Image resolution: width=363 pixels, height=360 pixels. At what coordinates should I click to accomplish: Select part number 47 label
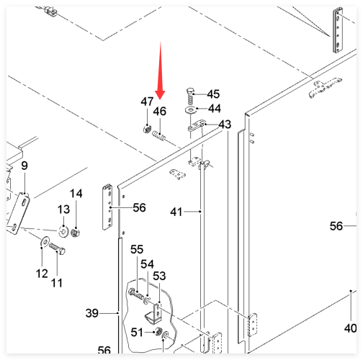pyautogui.click(x=147, y=102)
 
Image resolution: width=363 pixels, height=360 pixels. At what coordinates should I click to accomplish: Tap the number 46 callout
pyautogui.click(x=160, y=112)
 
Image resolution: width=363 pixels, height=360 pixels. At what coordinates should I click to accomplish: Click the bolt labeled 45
pyautogui.click(x=190, y=96)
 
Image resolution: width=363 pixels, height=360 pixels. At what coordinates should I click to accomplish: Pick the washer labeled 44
pyautogui.click(x=191, y=111)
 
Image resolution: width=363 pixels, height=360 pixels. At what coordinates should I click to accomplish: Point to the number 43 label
pyautogui.click(x=225, y=125)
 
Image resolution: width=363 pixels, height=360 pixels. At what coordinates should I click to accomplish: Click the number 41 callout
pyautogui.click(x=176, y=212)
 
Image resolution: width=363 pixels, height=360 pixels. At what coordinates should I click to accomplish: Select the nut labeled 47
pyautogui.click(x=146, y=130)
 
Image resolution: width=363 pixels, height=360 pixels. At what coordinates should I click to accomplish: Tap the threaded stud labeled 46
pyautogui.click(x=159, y=136)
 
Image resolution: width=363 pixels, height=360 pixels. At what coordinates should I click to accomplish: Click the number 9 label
pyautogui.click(x=24, y=166)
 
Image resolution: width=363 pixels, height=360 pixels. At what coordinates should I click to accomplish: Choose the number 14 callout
pyautogui.click(x=76, y=194)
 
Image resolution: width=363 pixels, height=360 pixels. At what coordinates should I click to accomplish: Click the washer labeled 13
pyautogui.click(x=63, y=232)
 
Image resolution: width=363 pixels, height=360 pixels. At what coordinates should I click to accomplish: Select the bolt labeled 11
pyautogui.click(x=57, y=248)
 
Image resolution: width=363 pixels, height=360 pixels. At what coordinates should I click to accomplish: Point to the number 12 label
pyautogui.click(x=42, y=274)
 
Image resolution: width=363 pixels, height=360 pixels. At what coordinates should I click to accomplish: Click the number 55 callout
pyautogui.click(x=137, y=249)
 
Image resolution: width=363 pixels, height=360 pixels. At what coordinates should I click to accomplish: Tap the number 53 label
pyautogui.click(x=159, y=276)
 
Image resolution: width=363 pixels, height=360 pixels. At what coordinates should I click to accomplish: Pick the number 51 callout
pyautogui.click(x=137, y=333)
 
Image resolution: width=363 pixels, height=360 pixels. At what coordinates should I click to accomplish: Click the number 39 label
pyautogui.click(x=92, y=313)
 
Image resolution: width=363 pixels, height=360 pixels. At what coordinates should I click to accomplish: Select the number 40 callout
pyautogui.click(x=351, y=328)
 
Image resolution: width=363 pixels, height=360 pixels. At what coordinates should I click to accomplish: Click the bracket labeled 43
pyautogui.click(x=197, y=125)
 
